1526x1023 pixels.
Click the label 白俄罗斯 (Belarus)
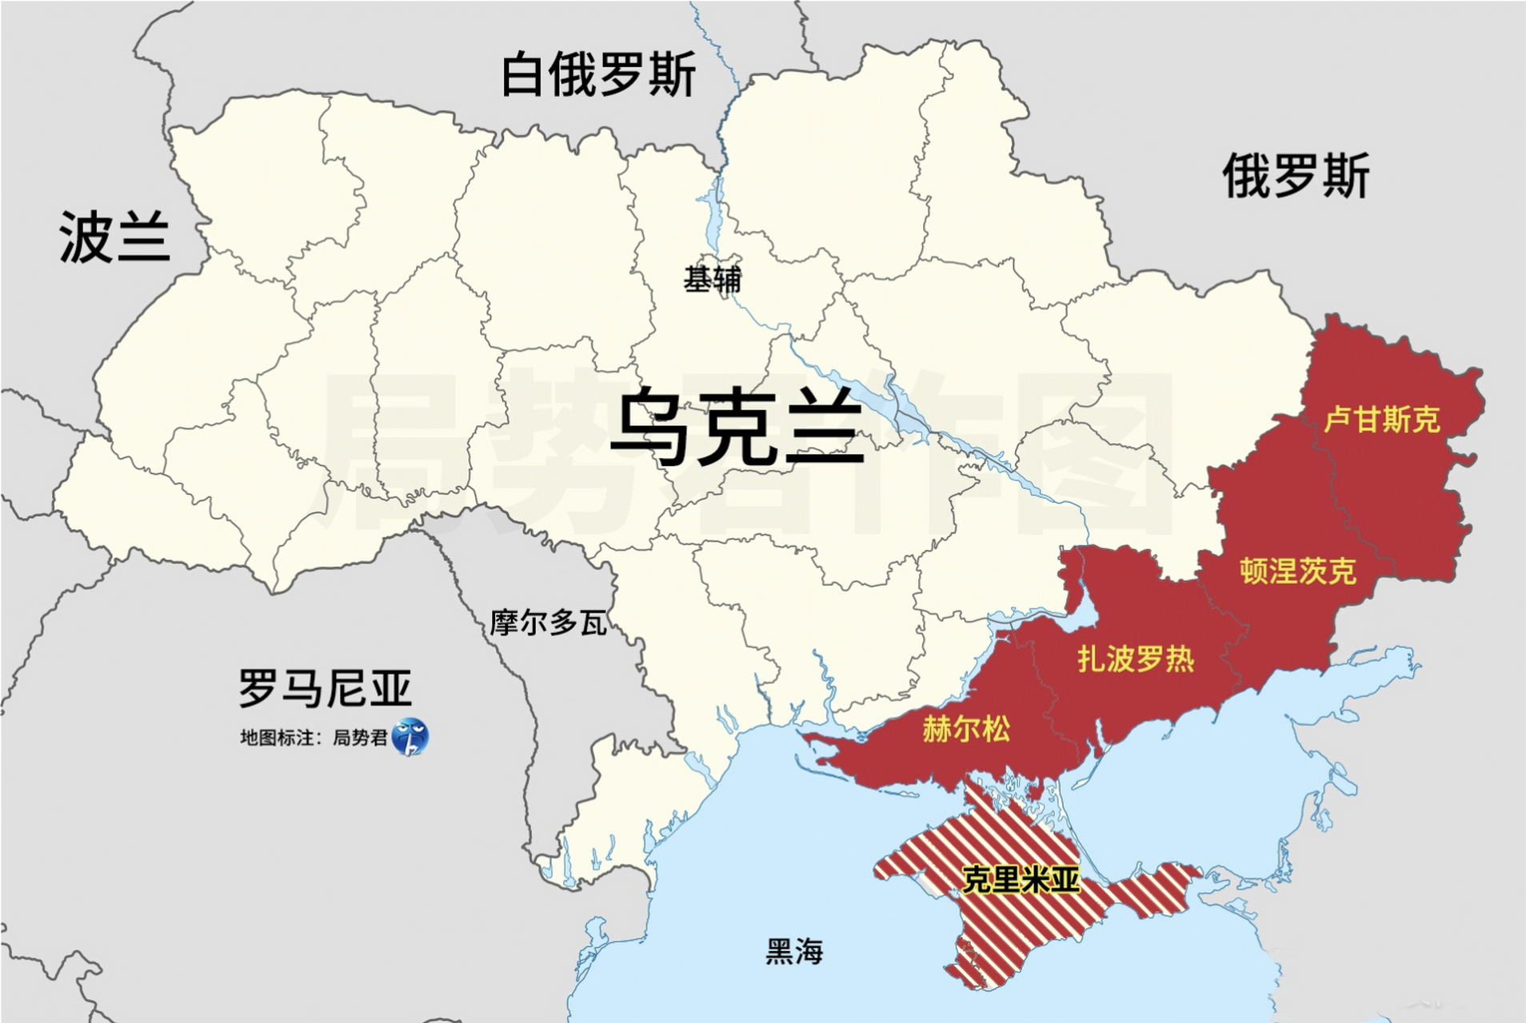point(598,75)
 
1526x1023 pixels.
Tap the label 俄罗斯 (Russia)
point(1296,176)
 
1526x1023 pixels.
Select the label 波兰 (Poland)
point(114,237)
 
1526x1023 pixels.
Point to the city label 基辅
point(712,279)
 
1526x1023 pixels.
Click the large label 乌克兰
point(736,428)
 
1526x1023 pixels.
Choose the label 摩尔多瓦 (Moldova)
point(548,623)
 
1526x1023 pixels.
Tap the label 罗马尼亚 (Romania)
point(325,688)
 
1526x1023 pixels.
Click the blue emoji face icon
point(410,737)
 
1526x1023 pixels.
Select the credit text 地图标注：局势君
point(314,738)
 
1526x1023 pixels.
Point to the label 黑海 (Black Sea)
point(793,951)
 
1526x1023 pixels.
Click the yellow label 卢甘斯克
point(1381,420)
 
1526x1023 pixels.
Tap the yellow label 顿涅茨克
point(1297,571)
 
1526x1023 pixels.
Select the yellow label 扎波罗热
point(1135,659)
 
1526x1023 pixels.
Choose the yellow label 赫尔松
point(965,729)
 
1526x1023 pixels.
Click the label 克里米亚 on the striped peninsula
point(1021,879)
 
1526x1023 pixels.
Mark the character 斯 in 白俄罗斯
point(672,75)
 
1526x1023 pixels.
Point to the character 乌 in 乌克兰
point(649,428)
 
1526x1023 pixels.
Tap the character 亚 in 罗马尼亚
point(389,688)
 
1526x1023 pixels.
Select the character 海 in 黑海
point(809,951)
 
